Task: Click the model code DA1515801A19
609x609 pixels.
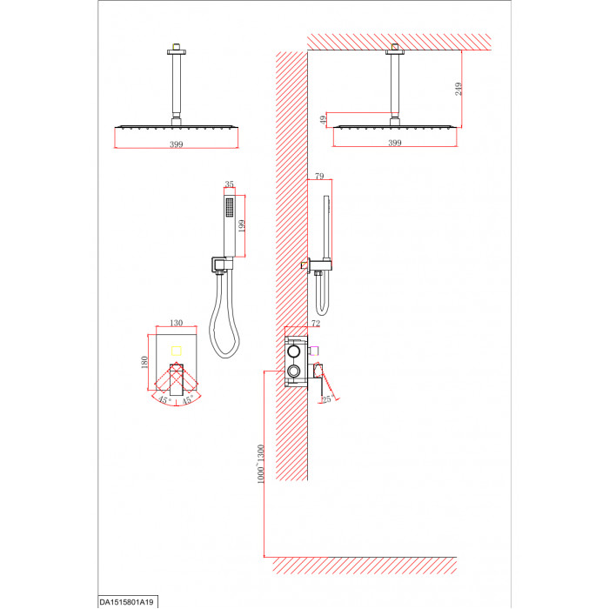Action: pyautogui.click(x=127, y=602)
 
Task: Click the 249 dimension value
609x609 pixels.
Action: pyautogui.click(x=458, y=89)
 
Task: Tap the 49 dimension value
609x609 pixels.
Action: pyautogui.click(x=323, y=120)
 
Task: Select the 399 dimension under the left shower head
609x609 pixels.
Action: pyautogui.click(x=177, y=144)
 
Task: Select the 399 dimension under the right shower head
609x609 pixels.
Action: pyautogui.click(x=395, y=143)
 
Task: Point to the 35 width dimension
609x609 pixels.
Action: pyautogui.click(x=229, y=184)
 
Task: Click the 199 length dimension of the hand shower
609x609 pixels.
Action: pyautogui.click(x=242, y=226)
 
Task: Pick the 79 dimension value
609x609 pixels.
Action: pyautogui.click(x=319, y=176)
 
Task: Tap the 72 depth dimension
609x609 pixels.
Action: pyautogui.click(x=316, y=323)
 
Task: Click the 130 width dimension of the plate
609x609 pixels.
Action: pyautogui.click(x=177, y=323)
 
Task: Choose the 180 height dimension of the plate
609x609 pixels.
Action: pyautogui.click(x=144, y=362)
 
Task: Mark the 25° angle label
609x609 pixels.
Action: pyautogui.click(x=328, y=398)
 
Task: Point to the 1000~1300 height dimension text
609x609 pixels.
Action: pyautogui.click(x=261, y=464)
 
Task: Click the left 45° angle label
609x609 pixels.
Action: pyautogui.click(x=164, y=399)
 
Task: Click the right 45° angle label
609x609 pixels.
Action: pyautogui.click(x=188, y=399)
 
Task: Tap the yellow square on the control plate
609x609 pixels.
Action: pyautogui.click(x=177, y=351)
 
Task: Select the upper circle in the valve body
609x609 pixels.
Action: pyautogui.click(x=293, y=351)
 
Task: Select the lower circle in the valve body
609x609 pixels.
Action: pyautogui.click(x=293, y=371)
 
